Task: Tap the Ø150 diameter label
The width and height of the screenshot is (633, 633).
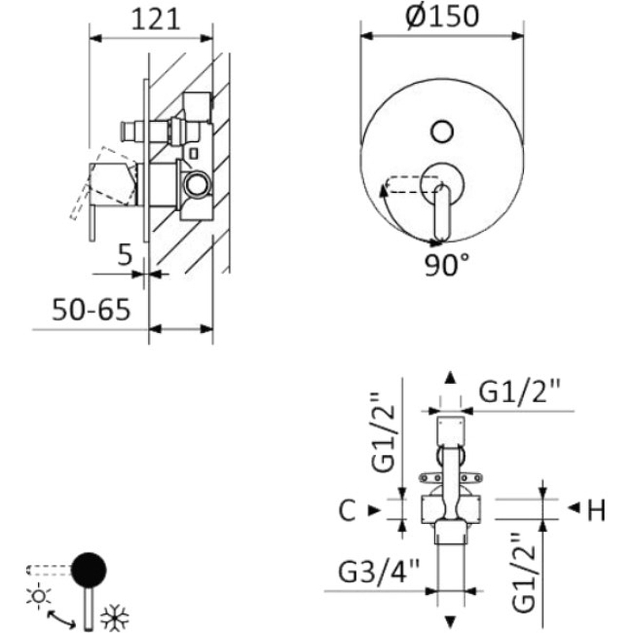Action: click(442, 16)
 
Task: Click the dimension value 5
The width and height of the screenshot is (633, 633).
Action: click(123, 256)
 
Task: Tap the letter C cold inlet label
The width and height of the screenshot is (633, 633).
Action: click(347, 512)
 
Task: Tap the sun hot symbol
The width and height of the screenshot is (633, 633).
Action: click(38, 594)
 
